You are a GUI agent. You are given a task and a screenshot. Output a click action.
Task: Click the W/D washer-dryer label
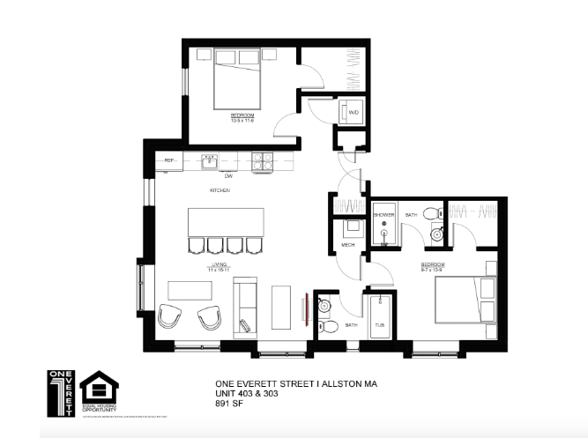click(x=354, y=113)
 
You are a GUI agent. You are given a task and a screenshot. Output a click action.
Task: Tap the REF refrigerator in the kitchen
click(x=170, y=161)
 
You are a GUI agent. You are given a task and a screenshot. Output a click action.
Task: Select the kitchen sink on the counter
click(x=209, y=161)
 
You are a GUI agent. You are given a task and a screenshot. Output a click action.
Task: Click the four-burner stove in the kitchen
click(x=263, y=161)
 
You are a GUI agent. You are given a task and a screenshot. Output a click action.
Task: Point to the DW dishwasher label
click(x=228, y=175)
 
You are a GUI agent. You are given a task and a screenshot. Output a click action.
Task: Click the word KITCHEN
click(x=220, y=190)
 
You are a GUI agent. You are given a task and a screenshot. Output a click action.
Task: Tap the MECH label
click(x=347, y=244)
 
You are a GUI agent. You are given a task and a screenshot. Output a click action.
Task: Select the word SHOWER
click(x=383, y=214)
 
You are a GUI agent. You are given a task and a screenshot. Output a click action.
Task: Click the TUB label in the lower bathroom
click(x=380, y=324)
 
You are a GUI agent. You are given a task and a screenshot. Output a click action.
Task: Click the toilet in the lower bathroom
click(x=330, y=326)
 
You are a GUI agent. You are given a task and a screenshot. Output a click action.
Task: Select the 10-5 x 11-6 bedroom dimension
click(x=242, y=120)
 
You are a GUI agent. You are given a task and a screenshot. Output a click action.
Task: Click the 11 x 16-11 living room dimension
click(x=220, y=267)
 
